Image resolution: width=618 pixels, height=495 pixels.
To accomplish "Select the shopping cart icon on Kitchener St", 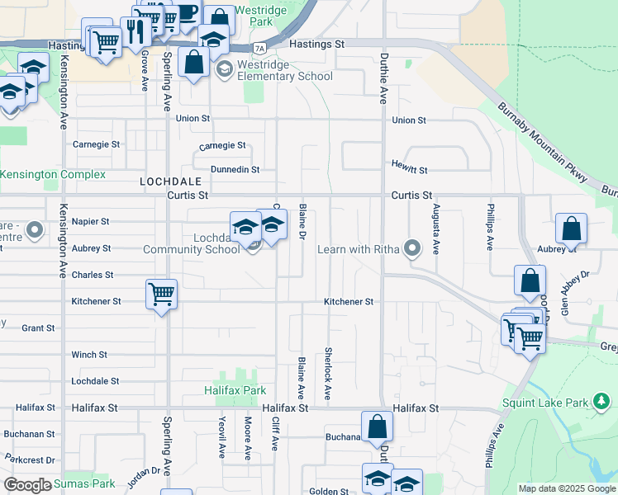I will coord(161,294).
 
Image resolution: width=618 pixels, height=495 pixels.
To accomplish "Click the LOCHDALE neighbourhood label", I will coord(171,180).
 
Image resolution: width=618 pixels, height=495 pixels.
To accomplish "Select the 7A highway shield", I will coord(260,48).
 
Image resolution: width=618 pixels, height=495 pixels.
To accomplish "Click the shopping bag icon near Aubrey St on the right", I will coord(571,229).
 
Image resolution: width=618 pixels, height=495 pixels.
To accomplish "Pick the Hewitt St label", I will coord(410,170).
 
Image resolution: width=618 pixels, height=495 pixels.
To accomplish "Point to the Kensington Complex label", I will coord(53,175).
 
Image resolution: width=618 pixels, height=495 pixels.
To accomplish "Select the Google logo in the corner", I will coord(27,485).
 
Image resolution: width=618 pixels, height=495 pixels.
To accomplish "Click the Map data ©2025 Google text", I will coord(566,488).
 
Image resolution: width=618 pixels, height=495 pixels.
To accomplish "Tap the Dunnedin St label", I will coord(235,169).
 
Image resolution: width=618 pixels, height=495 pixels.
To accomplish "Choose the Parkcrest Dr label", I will coord(29,460).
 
